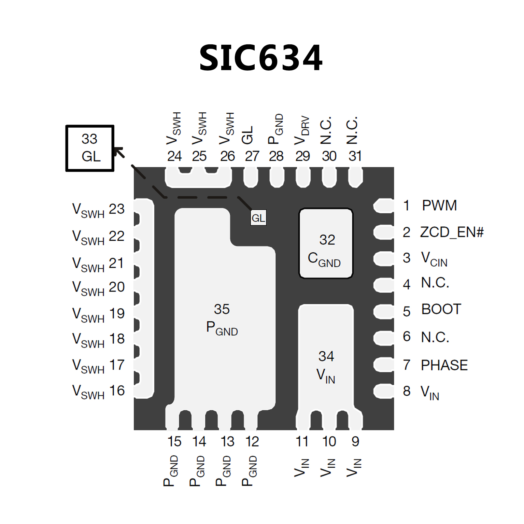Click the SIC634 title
click(261, 58)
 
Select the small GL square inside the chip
click(258, 218)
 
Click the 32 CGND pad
click(326, 243)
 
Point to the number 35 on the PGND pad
click(222, 309)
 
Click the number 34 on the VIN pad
click(326, 356)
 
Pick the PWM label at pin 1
click(439, 206)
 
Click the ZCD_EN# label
click(452, 232)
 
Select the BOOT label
click(441, 309)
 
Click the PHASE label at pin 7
click(444, 365)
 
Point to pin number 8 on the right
click(407, 391)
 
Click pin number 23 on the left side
click(117, 209)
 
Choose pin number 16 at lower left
click(117, 391)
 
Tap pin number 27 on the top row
click(252, 156)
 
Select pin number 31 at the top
click(355, 156)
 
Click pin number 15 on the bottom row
click(174, 442)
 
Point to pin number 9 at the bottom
click(355, 442)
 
